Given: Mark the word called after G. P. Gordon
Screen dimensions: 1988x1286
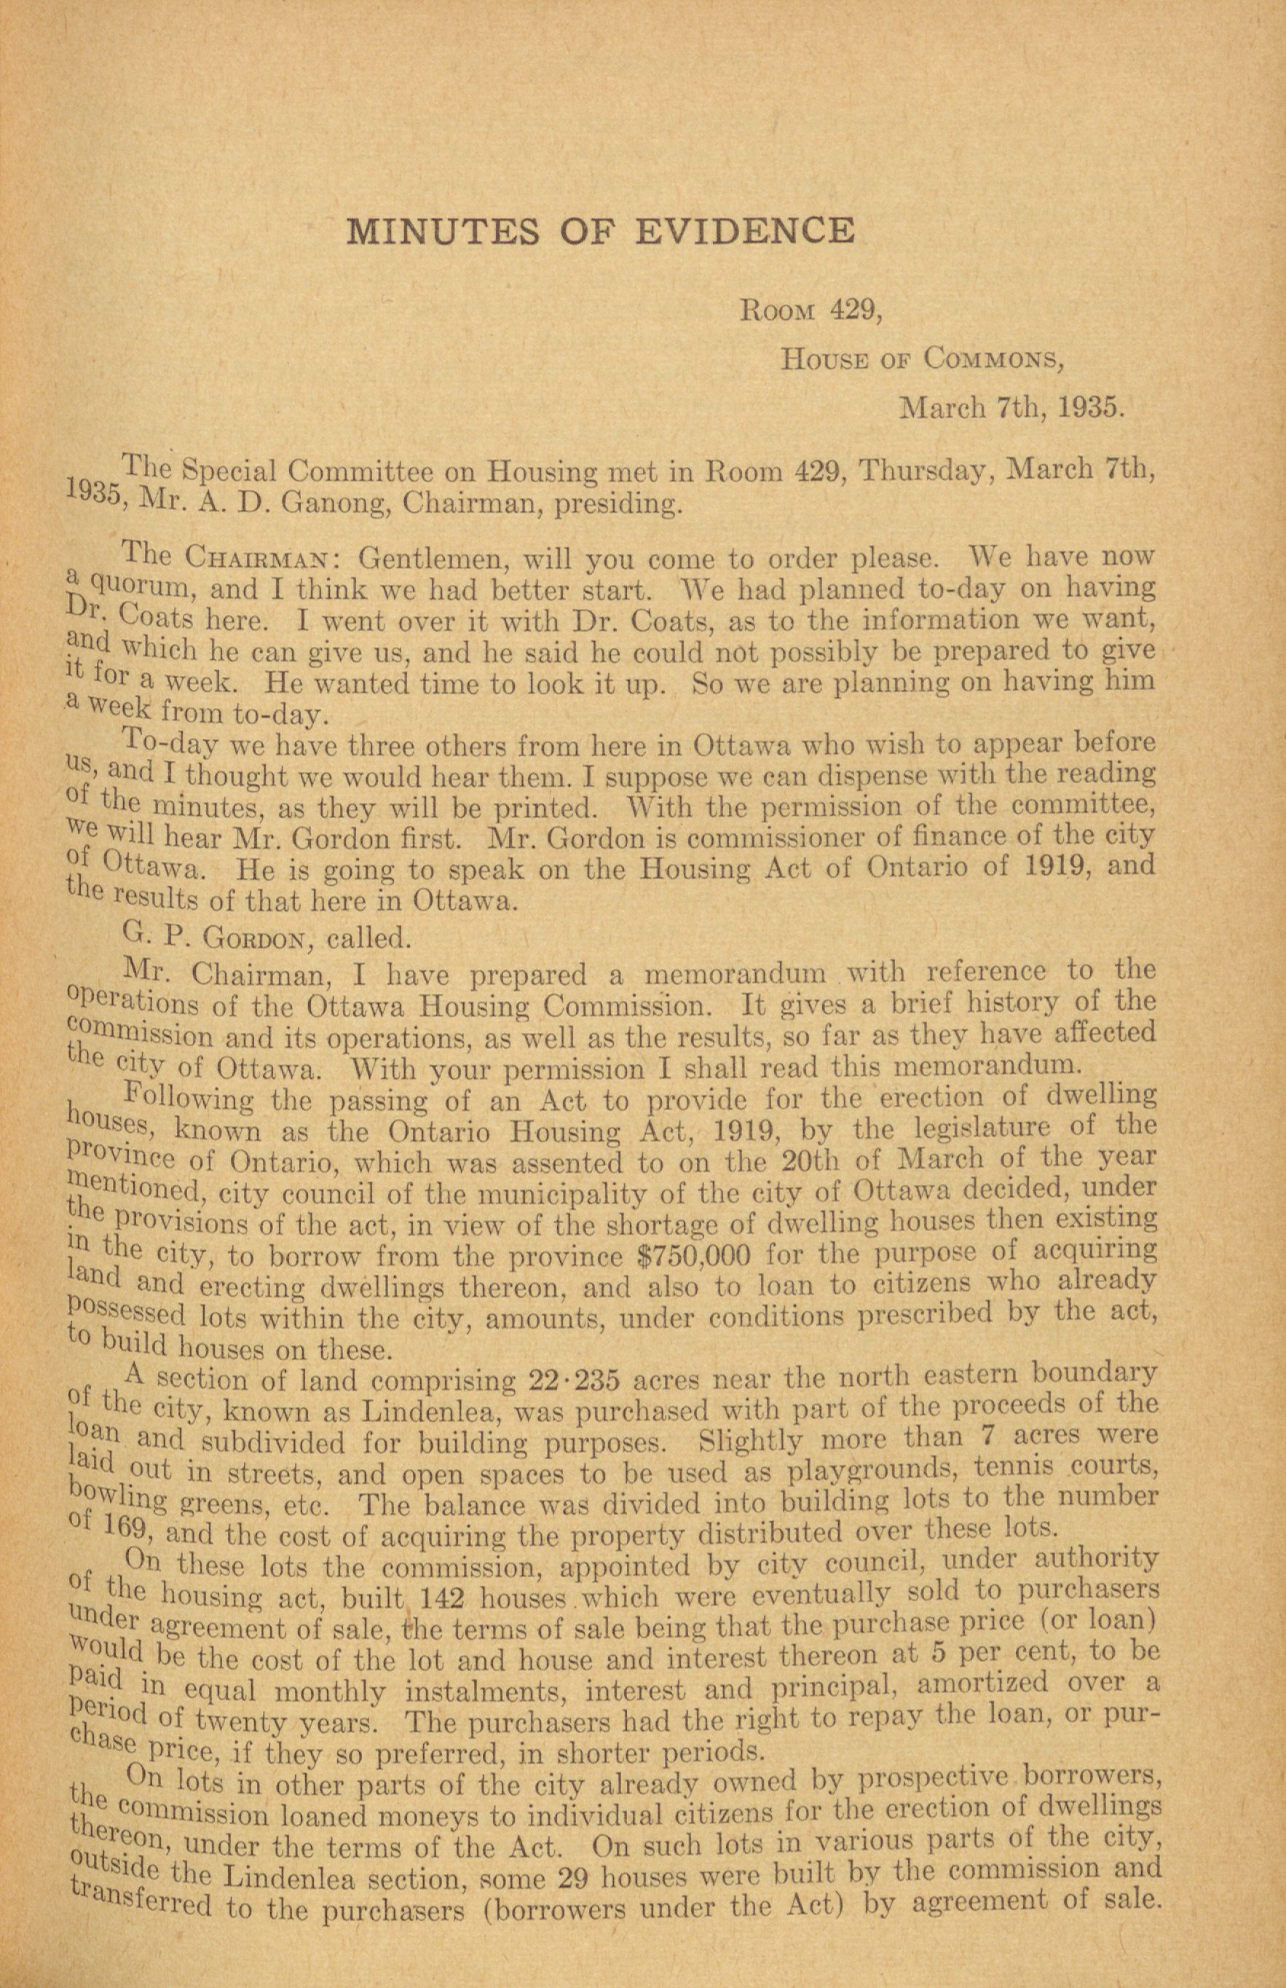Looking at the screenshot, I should point(368,939).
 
